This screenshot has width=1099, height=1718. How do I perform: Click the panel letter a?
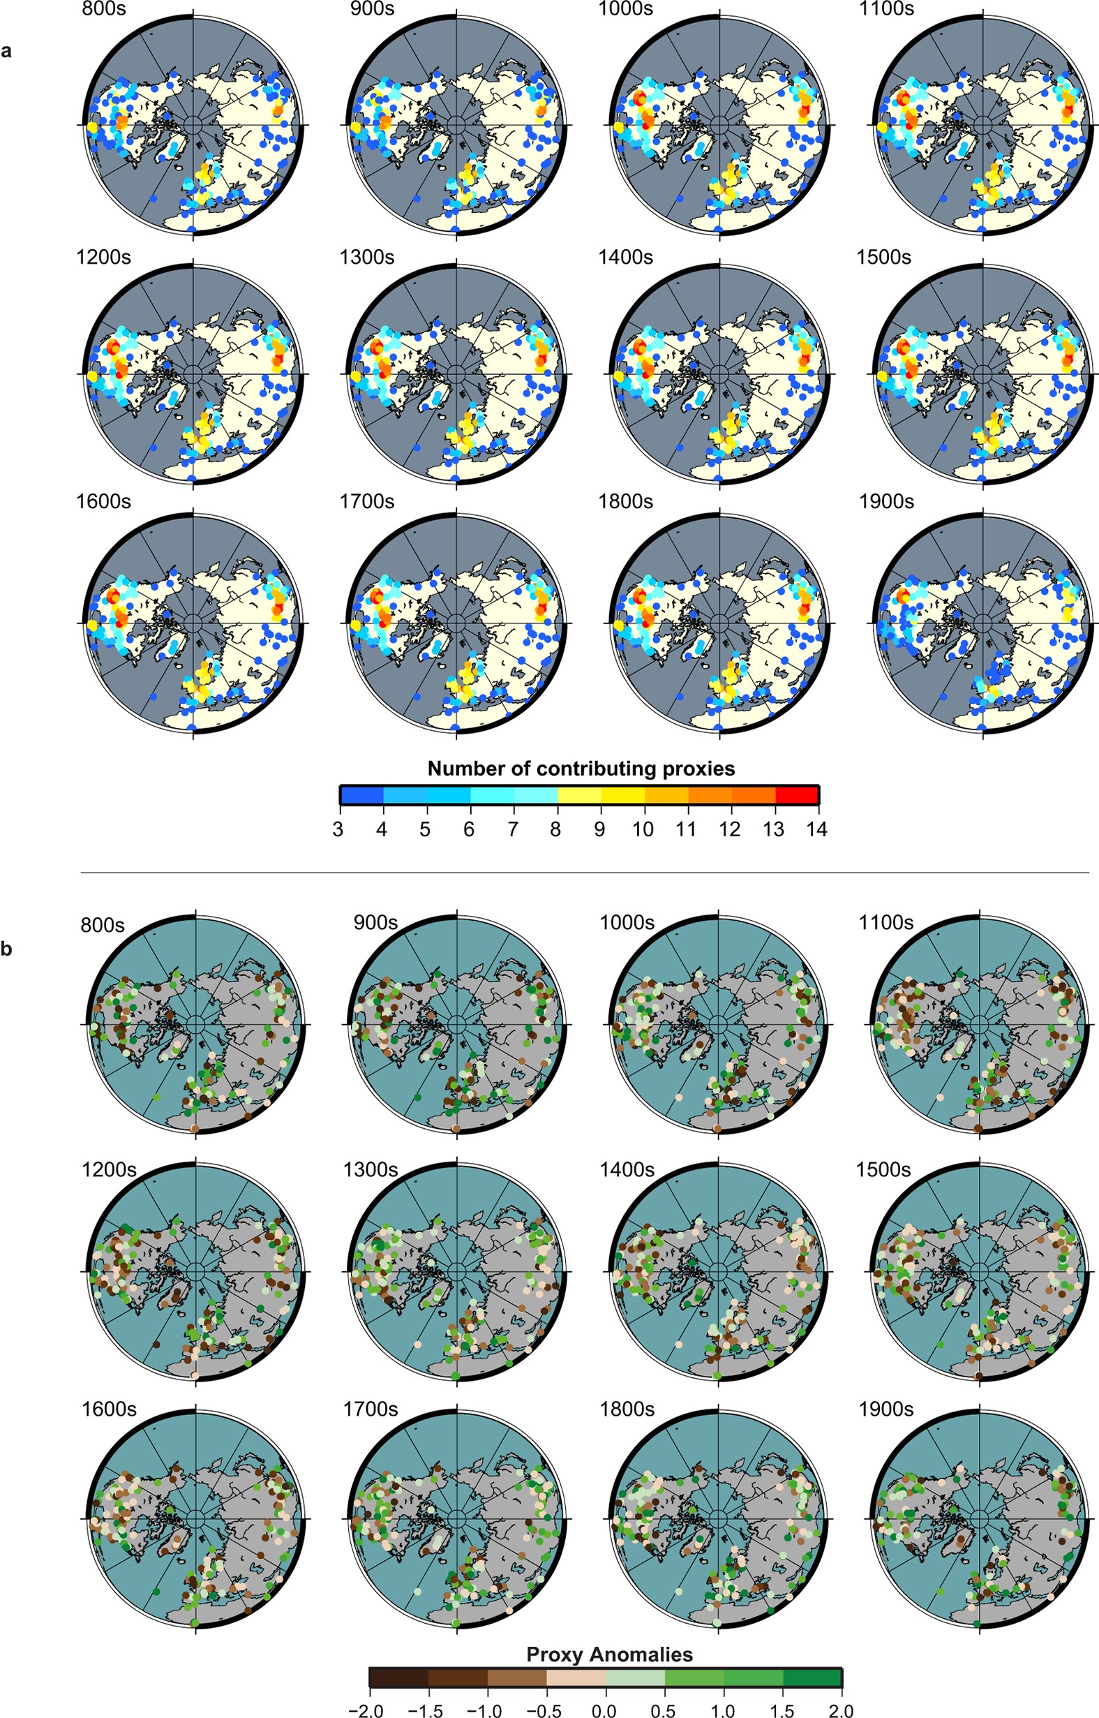(x=6, y=51)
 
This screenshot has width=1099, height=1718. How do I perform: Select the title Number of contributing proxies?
(x=581, y=768)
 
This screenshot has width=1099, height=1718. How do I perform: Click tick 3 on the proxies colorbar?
(x=338, y=829)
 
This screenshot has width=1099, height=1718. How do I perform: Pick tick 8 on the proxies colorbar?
(x=555, y=829)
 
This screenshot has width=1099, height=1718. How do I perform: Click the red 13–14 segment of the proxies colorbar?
(x=796, y=794)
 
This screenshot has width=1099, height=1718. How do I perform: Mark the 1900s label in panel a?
(x=886, y=502)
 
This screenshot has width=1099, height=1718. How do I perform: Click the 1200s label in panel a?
(x=103, y=257)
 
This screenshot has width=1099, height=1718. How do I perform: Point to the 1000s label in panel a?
(x=626, y=9)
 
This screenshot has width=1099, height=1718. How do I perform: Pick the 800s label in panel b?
(x=103, y=925)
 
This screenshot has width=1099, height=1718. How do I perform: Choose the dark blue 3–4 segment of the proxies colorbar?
(x=362, y=794)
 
